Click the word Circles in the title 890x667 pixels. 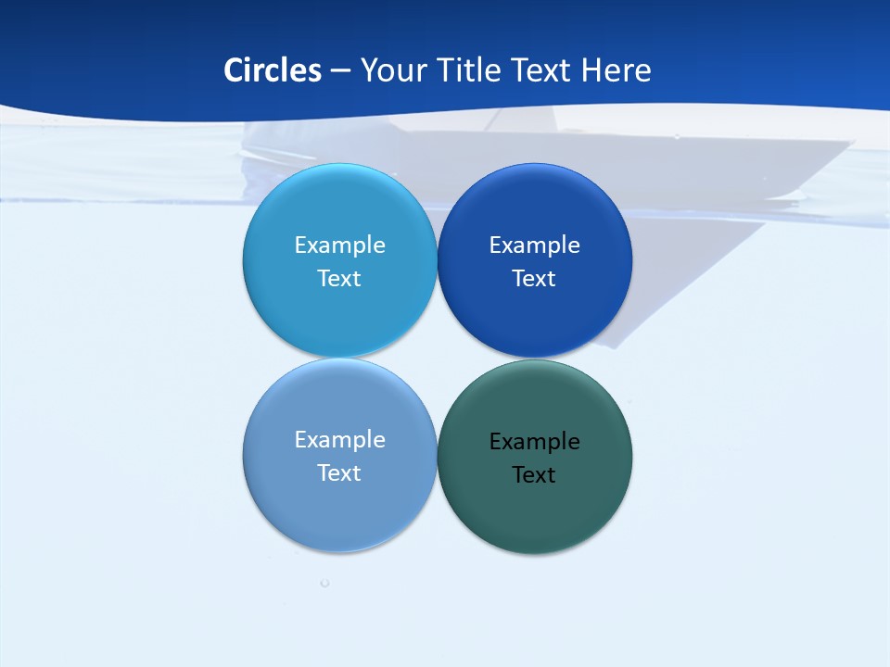point(273,70)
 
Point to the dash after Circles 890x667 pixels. point(340,71)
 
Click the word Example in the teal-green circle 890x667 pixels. point(535,442)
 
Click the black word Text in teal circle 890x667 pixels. point(534,475)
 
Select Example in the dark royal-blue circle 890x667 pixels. point(535,245)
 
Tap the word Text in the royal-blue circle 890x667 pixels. point(534,279)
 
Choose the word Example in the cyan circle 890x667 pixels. point(339,245)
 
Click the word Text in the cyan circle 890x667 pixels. point(339,279)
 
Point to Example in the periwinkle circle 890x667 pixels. point(339,440)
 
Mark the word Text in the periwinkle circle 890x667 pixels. point(339,473)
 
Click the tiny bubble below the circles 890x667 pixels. point(324,583)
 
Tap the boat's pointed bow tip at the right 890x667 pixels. point(850,142)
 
